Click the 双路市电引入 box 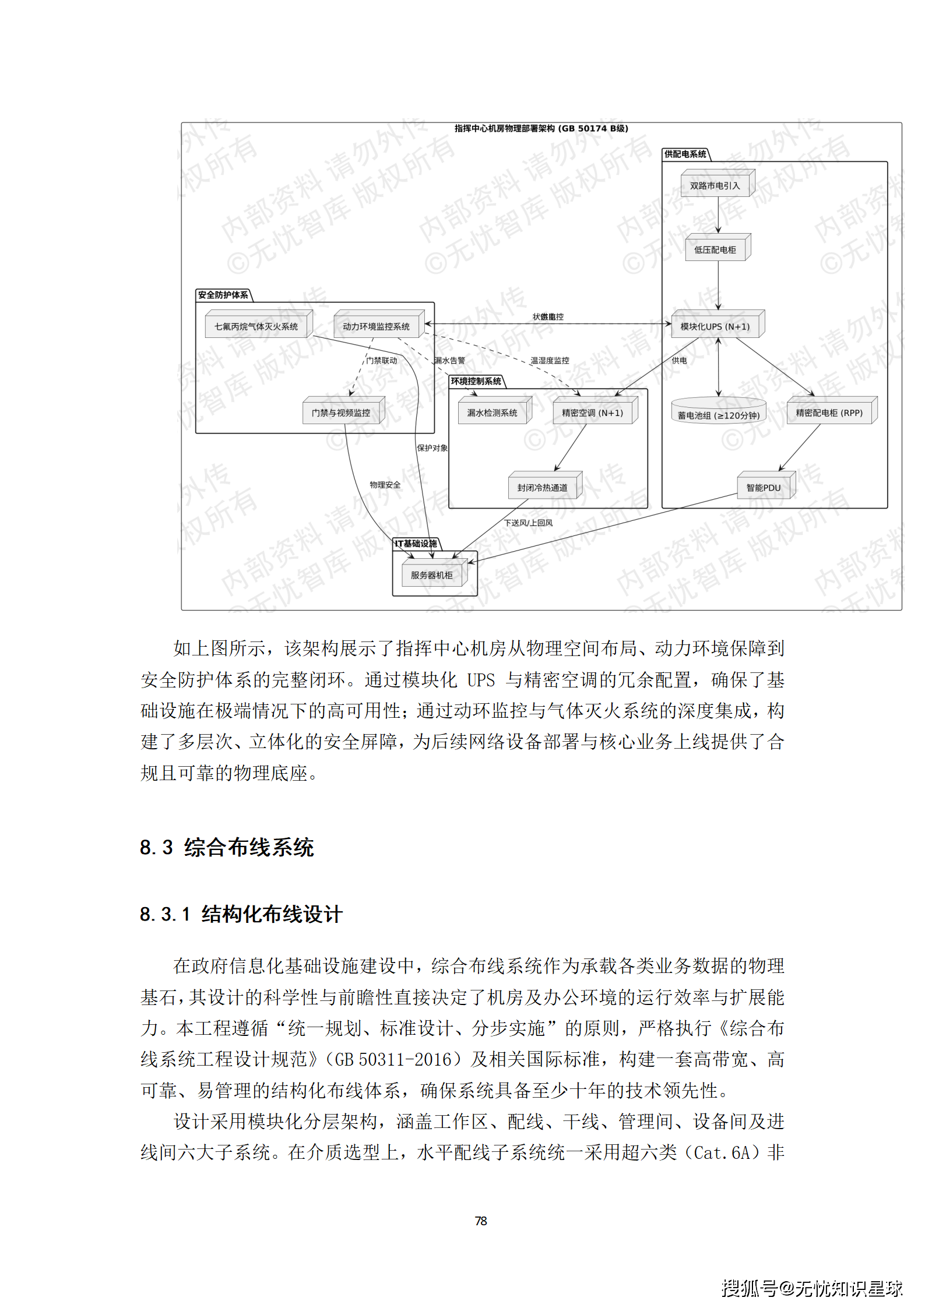[715, 186]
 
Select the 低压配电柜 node [715, 250]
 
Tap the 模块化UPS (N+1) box [715, 327]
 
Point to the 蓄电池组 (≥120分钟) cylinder [718, 412]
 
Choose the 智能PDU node [764, 488]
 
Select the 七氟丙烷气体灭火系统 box [256, 327]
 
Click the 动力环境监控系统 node [376, 327]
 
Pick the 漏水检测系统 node [493, 413]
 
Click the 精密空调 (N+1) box [592, 413]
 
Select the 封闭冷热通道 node [543, 488]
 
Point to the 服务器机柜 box [432, 575]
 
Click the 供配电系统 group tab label [685, 154]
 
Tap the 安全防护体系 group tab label [223, 295]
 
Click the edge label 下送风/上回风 [528, 523]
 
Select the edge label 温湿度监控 [550, 361]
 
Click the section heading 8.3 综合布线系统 [227, 847]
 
